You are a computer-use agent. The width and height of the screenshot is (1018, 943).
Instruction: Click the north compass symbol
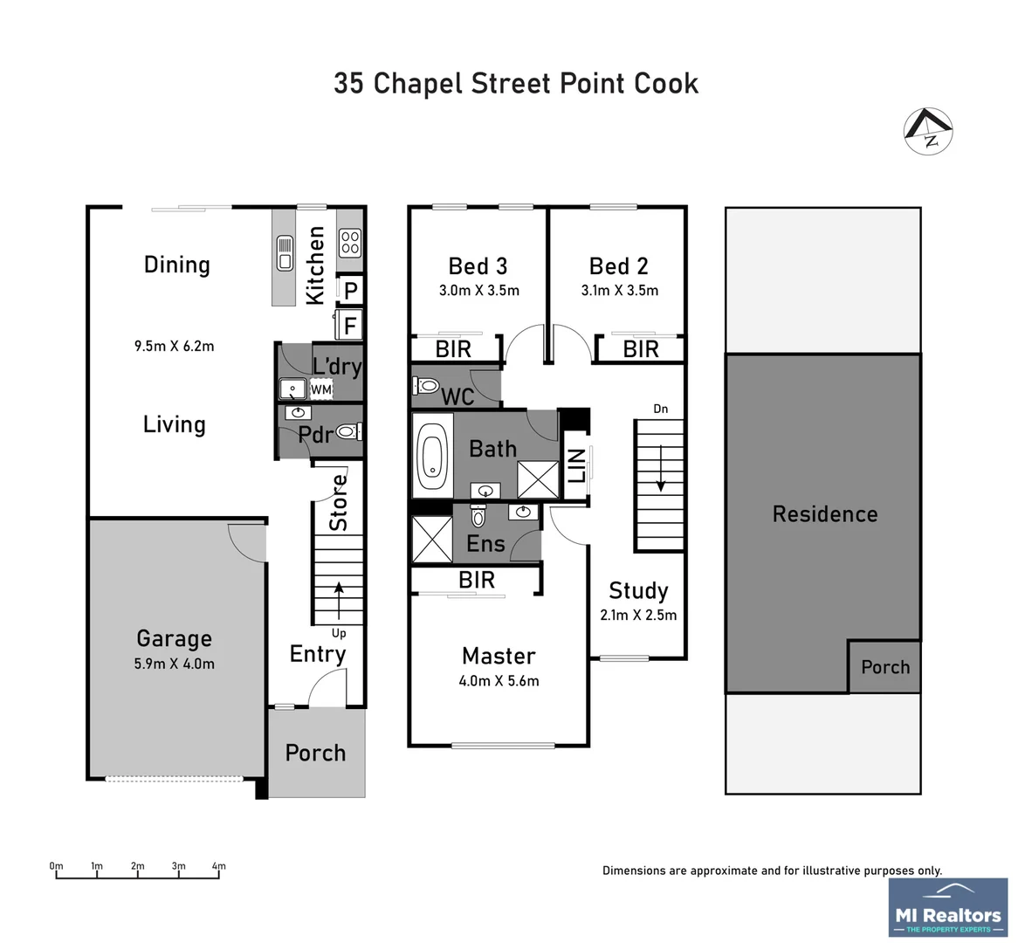click(x=927, y=132)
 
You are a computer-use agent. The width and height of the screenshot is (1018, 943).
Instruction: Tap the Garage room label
click(x=174, y=638)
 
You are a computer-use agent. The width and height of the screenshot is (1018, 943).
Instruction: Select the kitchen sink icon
click(x=285, y=252)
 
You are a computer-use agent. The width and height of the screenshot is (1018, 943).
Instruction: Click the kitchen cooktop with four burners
click(x=350, y=242)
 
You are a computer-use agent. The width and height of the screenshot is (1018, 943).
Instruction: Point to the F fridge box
click(x=350, y=326)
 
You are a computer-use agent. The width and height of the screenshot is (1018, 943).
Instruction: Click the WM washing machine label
click(x=320, y=389)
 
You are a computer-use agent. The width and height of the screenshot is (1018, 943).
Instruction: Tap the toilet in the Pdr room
click(x=347, y=431)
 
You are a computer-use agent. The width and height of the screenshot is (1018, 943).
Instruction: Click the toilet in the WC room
click(x=427, y=385)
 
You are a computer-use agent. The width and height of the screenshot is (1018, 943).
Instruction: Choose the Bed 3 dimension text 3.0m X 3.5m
click(x=478, y=291)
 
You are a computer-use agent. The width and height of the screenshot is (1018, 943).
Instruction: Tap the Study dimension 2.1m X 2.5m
click(x=637, y=615)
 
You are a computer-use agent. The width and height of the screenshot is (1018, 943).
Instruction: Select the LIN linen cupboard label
click(x=576, y=465)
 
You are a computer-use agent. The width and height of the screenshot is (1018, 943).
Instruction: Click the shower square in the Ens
click(x=431, y=539)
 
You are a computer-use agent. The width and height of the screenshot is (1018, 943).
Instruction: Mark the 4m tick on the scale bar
click(x=218, y=872)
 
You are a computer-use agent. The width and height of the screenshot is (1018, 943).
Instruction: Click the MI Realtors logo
click(x=947, y=909)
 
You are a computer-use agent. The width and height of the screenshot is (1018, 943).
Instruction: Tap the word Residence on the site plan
click(x=824, y=513)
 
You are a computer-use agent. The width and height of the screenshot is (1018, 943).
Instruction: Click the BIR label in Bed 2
click(x=641, y=349)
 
